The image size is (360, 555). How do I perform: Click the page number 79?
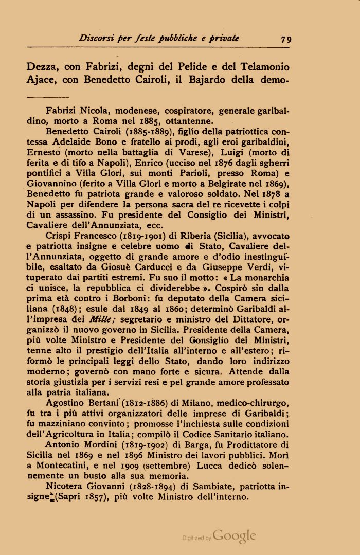point(286,38)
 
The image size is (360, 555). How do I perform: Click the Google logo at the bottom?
point(235,536)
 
